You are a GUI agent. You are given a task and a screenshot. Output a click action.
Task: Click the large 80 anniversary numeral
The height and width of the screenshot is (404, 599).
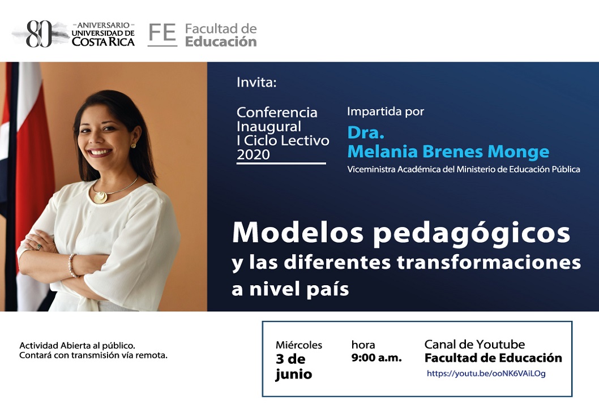point(39,34)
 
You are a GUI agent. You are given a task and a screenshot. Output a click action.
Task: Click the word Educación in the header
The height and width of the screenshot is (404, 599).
point(221,42)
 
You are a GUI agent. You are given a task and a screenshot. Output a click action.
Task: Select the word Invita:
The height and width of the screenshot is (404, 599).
point(256,82)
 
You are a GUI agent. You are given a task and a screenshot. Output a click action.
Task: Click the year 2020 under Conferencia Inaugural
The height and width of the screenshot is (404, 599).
point(253,154)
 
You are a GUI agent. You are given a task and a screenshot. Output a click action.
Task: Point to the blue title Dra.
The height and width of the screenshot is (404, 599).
point(366,132)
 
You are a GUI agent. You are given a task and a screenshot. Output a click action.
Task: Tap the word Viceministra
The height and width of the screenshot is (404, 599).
point(371,169)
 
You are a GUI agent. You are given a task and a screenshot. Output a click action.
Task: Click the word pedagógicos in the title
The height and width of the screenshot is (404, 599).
point(472,233)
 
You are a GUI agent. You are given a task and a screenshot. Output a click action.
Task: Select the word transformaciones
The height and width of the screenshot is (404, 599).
point(489,263)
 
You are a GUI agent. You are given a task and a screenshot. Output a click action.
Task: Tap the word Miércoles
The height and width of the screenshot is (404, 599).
point(299,345)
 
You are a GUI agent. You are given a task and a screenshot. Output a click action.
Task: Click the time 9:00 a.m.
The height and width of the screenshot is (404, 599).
point(376,358)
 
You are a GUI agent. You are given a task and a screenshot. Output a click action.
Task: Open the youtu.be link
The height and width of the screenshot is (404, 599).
point(486,373)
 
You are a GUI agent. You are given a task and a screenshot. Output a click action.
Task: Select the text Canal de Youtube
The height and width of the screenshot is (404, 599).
point(474,345)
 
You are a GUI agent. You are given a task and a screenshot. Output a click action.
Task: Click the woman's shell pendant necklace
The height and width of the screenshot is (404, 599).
point(101,197)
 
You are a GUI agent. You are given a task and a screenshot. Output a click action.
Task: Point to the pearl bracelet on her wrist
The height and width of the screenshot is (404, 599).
point(71,265)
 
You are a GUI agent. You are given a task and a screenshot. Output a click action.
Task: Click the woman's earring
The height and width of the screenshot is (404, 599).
point(133,145)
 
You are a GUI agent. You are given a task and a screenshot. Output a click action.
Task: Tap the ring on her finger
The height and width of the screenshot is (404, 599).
point(38,247)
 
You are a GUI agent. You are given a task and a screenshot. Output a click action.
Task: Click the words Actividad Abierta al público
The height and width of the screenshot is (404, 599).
point(77,346)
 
